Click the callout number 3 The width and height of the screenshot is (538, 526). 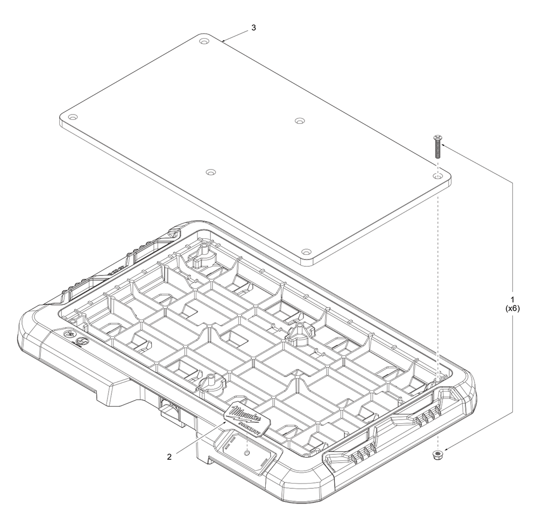253,28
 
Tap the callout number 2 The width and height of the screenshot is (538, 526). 169,457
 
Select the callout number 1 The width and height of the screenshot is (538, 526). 513,299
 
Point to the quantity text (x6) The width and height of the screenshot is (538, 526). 513,308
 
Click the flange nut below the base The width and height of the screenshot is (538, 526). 437,456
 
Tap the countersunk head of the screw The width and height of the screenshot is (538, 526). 437,138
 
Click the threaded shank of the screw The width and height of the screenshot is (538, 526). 437,150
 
